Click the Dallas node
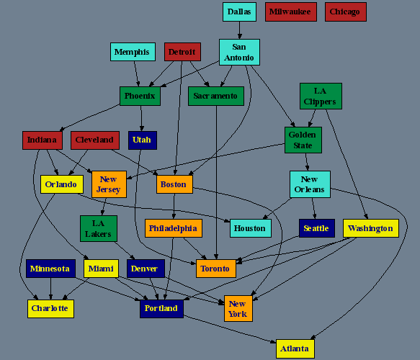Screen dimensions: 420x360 (x=239, y=12)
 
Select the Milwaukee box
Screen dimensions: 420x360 (x=291, y=12)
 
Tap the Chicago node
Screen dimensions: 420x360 (x=346, y=12)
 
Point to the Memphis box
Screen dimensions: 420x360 (x=133, y=52)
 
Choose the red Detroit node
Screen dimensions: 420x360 (x=182, y=52)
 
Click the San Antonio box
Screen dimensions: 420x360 (x=239, y=52)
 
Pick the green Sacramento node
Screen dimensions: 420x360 (x=216, y=96)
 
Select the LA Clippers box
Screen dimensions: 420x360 (x=321, y=96)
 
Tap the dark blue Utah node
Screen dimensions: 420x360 (x=143, y=140)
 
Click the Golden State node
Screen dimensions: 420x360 (x=303, y=140)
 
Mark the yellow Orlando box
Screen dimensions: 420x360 (x=62, y=184)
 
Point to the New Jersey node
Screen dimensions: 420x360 (x=109, y=184)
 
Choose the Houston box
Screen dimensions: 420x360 (x=251, y=228)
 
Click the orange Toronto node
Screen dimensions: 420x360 (x=216, y=269)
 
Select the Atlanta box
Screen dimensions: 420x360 (x=295, y=348)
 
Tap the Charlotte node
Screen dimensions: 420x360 (x=50, y=309)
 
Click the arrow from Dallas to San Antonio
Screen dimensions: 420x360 (x=239, y=30)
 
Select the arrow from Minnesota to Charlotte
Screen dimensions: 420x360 (x=50, y=289)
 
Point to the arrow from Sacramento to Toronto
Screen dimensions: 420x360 (x=216, y=182)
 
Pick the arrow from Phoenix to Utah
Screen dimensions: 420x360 (x=141, y=118)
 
